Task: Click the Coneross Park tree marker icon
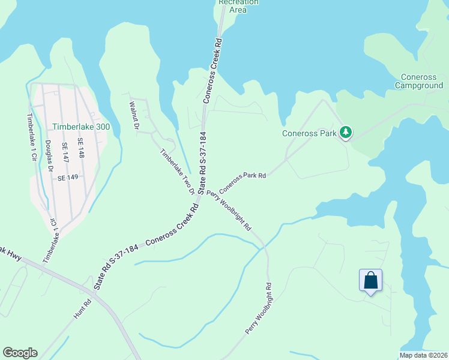click(x=345, y=132)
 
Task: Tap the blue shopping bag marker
click(x=370, y=280)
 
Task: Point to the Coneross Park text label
click(x=309, y=133)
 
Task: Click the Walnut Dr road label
click(x=134, y=116)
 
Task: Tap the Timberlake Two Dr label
click(x=177, y=172)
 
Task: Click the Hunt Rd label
click(x=83, y=308)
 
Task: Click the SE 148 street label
click(x=81, y=148)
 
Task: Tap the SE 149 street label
click(x=68, y=178)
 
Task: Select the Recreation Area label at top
click(x=239, y=5)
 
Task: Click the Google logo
click(x=20, y=353)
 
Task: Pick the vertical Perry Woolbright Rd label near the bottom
click(x=259, y=308)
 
